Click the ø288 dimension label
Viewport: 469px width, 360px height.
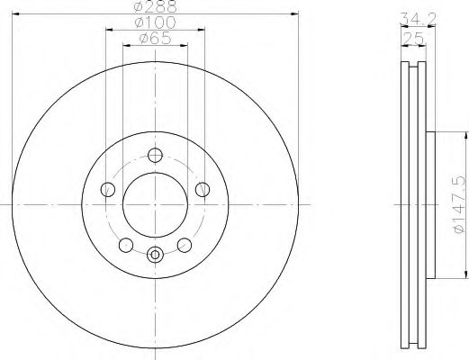coord(155,6)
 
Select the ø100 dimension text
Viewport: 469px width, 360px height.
coord(155,22)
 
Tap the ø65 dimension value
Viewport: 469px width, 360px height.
coord(155,39)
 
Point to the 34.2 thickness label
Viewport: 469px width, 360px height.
coord(418,19)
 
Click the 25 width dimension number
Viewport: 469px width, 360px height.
coord(413,38)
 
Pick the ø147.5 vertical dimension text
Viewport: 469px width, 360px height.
coord(459,205)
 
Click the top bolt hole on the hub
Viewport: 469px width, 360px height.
coord(155,156)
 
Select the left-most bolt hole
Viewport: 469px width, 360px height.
coord(108,190)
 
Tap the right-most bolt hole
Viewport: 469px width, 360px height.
coord(203,190)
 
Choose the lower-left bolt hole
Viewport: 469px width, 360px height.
coord(126,245)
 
